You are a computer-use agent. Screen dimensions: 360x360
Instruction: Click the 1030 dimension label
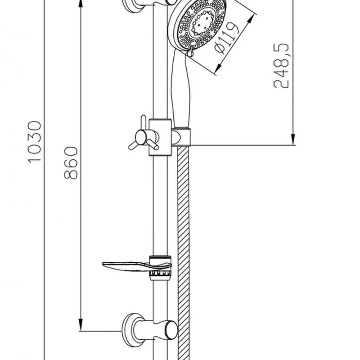tap(35, 142)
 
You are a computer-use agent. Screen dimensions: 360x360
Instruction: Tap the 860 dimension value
tap(71, 163)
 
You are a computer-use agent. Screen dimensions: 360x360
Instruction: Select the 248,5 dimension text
tap(281, 66)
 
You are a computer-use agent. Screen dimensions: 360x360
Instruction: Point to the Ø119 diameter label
tap(227, 38)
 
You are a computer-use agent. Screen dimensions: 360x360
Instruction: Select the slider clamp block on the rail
tap(160, 137)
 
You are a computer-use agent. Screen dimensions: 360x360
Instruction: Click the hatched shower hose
tap(184, 252)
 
